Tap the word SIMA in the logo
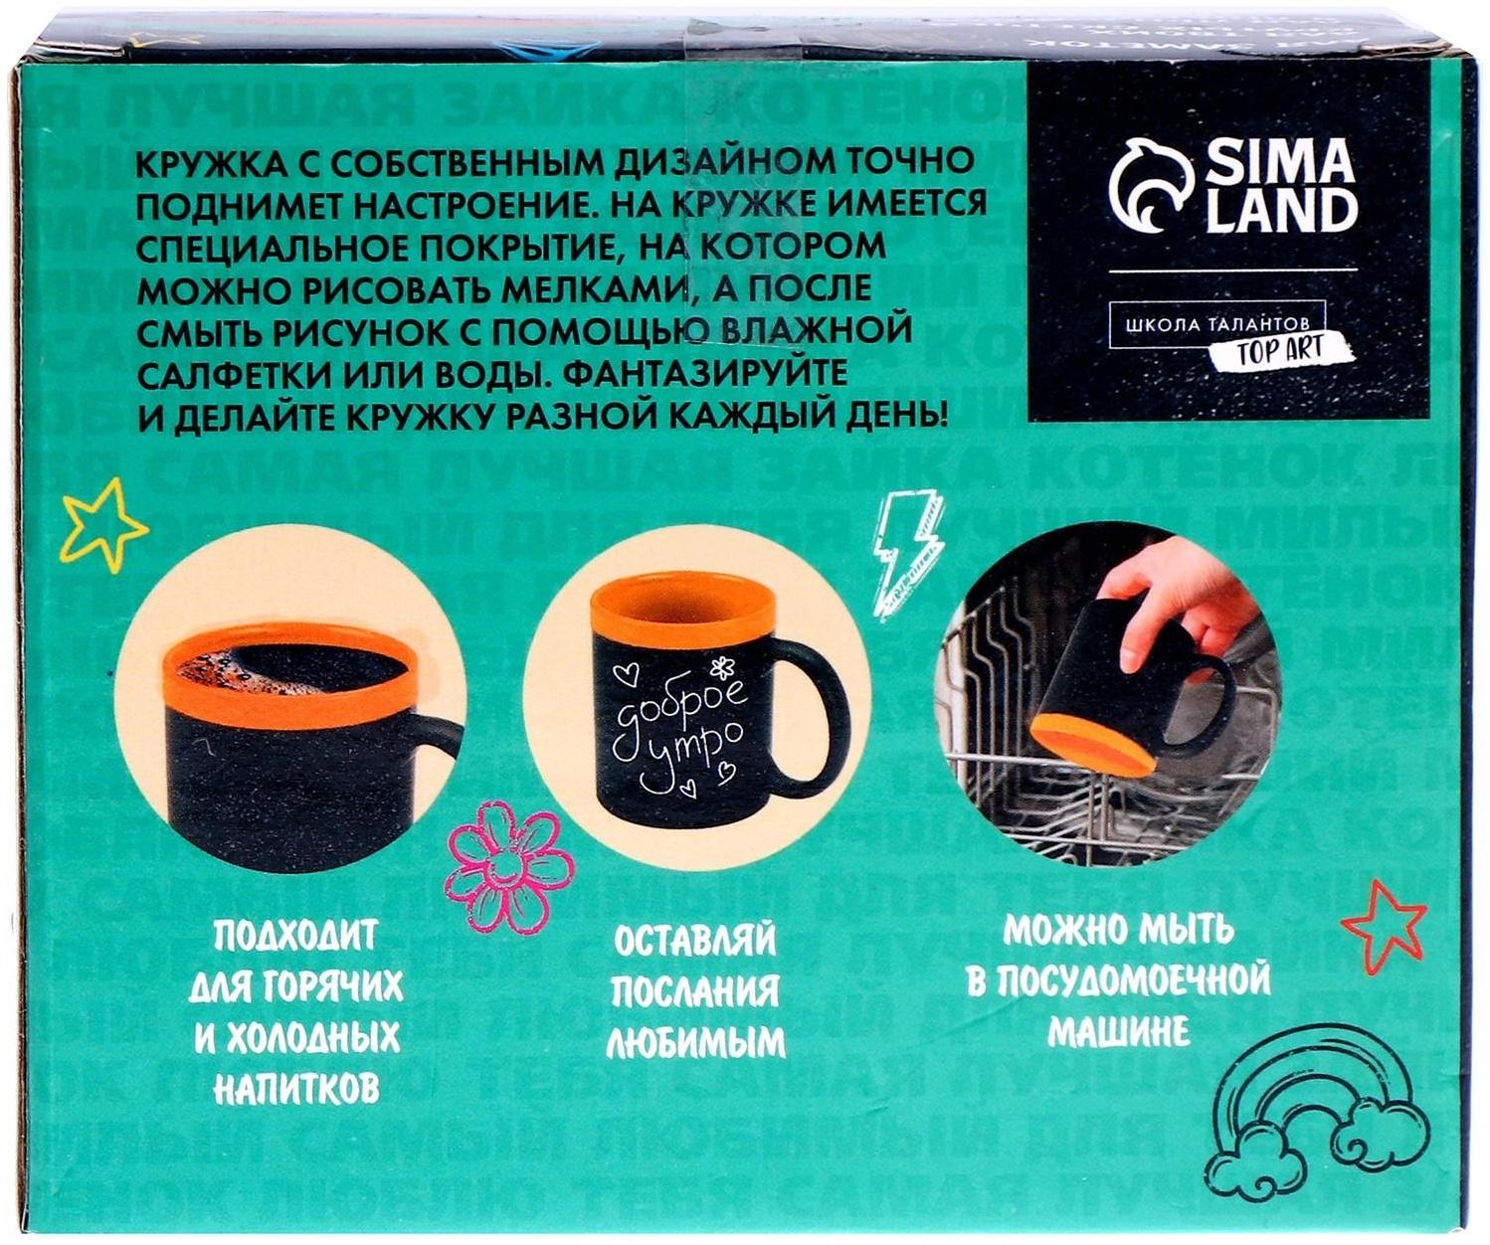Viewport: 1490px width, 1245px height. [1281, 162]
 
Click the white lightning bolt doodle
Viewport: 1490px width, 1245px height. [907, 553]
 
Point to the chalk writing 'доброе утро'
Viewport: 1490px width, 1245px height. [680, 731]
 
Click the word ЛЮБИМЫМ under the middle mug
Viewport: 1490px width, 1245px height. [695, 1043]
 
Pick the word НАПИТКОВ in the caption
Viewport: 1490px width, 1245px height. [296, 1089]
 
